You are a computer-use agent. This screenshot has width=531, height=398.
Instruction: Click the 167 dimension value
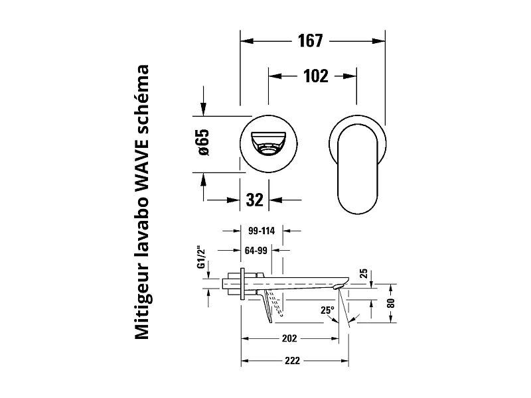pos(311,41)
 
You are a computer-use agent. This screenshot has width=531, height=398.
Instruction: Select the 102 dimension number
pos(315,76)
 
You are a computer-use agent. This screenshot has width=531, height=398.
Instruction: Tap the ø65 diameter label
pos(203,142)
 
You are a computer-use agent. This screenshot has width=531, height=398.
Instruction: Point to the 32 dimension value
pos(254,200)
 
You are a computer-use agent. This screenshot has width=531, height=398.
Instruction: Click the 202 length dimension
pos(289,338)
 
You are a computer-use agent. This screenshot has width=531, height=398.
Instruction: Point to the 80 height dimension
pos(391,302)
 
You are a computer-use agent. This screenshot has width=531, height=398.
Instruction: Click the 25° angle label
pos(328,309)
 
